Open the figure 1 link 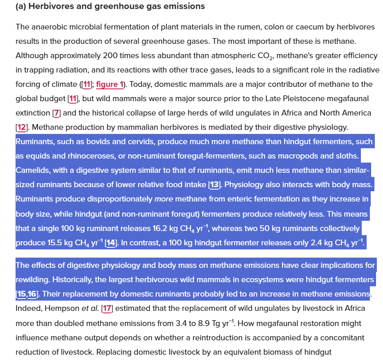coord(110,84)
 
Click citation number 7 coord(57,113)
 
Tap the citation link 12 coord(21,127)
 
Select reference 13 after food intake coord(214,185)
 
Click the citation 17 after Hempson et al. coord(106,309)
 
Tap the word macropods coord(306,156)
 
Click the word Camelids coord(32,170)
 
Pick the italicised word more coord(163,199)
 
